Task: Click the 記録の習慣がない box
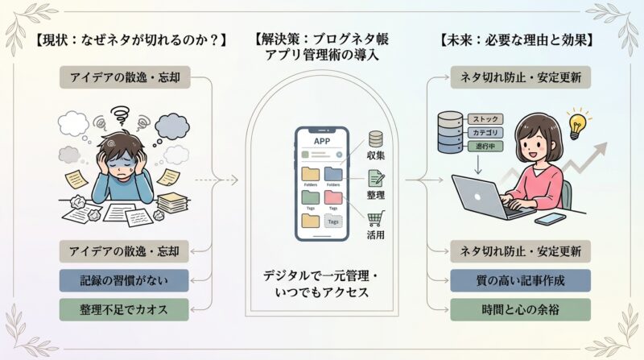coord(124,279)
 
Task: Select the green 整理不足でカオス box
coord(124,308)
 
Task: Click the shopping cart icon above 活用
coord(376,217)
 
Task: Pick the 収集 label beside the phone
coord(376,156)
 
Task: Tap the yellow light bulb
coord(577,125)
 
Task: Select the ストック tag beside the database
coord(489,118)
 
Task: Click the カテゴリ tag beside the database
coord(489,132)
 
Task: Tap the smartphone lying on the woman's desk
coord(550,218)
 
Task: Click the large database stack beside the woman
coord(450,132)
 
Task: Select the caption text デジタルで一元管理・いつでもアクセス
coord(321,283)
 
